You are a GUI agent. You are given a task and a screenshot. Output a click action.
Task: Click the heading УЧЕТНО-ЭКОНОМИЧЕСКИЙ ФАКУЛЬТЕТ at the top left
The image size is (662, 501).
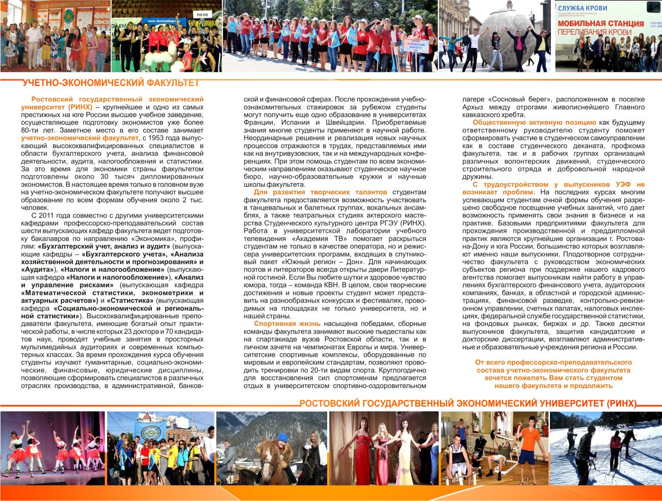click(110, 83)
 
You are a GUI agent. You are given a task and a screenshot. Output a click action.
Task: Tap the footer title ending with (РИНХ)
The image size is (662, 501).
click(468, 404)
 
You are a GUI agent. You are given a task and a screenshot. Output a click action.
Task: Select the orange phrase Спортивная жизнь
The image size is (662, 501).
click(287, 323)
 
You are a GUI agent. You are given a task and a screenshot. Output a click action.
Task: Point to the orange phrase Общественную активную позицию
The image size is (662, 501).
click(534, 122)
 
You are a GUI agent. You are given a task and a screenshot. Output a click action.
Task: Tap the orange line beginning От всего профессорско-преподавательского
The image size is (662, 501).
click(553, 362)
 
